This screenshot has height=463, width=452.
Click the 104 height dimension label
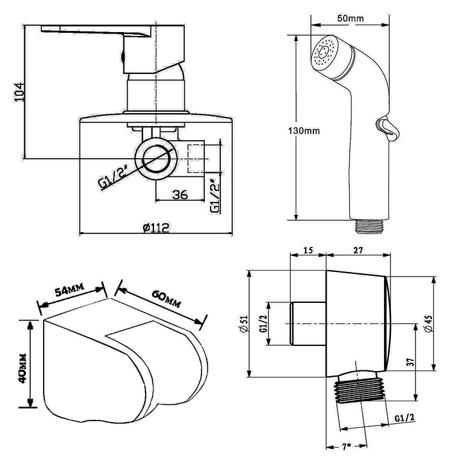[20, 92]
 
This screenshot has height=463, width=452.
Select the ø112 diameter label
[156, 228]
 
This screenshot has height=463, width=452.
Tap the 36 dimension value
[180, 195]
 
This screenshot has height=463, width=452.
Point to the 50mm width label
[351, 18]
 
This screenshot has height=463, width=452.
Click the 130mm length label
[304, 131]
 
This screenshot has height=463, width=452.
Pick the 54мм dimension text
[70, 289]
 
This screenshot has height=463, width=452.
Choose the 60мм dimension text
[166, 298]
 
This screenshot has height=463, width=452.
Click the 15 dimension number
[308, 250]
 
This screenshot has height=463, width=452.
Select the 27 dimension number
[358, 250]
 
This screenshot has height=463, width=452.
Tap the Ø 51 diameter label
[245, 324]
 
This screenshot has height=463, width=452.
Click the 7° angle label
[347, 446]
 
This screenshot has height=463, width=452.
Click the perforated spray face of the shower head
[324, 53]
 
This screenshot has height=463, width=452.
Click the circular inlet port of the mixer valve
[156, 159]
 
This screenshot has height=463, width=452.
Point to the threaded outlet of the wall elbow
[360, 390]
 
